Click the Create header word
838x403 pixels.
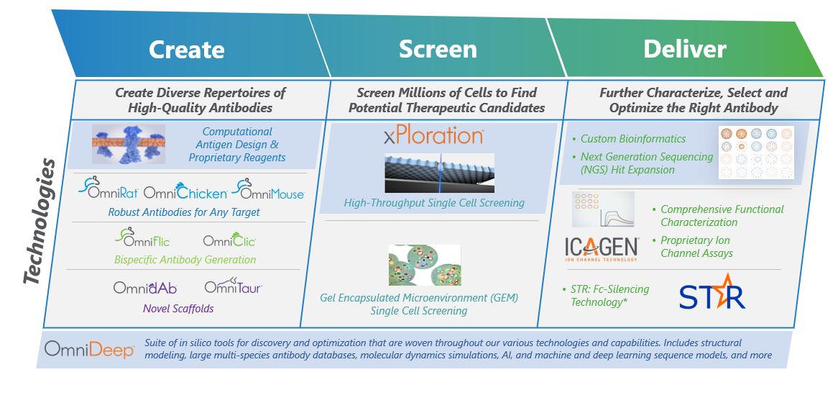coord(186,49)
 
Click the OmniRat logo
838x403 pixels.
coord(108,191)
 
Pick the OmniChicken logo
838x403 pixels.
coord(185,192)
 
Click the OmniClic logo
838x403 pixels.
coord(229,240)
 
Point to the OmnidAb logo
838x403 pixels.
coord(144,287)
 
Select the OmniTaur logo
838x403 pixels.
coord(233,286)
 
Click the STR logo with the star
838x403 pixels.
coord(712,291)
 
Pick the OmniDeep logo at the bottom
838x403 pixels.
coord(89,350)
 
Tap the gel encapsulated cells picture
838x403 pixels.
coord(424,264)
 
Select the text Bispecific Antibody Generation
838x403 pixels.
coord(185,259)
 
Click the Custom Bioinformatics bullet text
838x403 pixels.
coord(633,139)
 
